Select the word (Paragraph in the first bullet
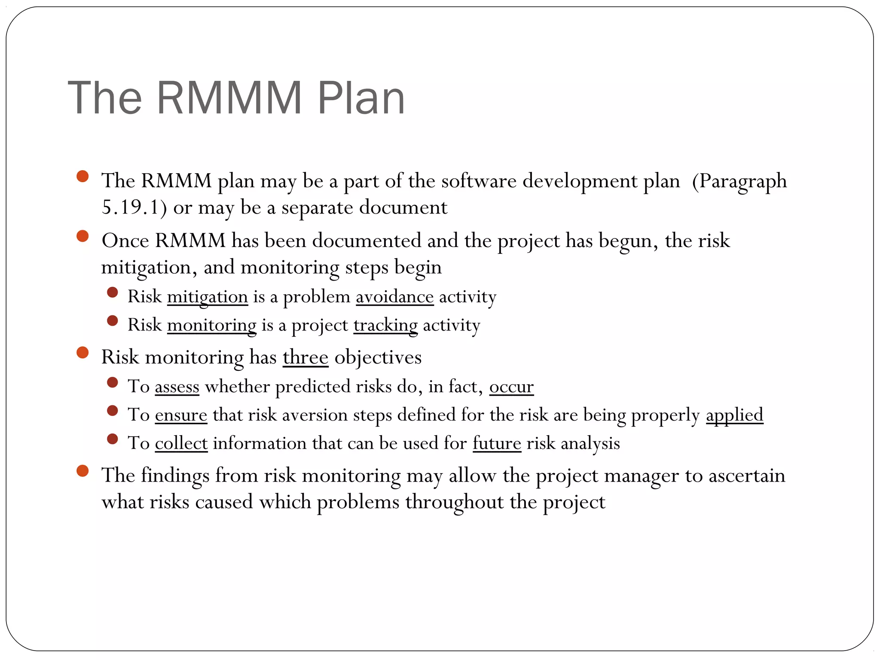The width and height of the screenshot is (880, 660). [x=739, y=181]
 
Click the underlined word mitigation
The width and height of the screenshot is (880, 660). [x=208, y=297]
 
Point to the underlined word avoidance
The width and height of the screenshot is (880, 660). [x=394, y=297]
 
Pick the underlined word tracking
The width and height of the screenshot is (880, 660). [x=385, y=325]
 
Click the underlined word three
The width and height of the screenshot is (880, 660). [x=306, y=357]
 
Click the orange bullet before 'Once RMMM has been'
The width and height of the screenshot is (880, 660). [x=82, y=236]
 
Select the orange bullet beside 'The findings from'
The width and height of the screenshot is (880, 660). [x=82, y=471]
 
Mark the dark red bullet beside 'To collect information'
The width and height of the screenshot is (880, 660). [x=113, y=439]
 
